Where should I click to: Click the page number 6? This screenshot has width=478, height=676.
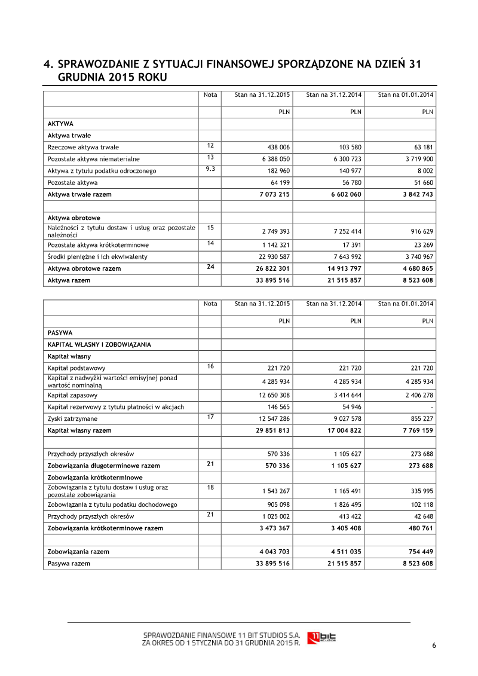tap(434, 645)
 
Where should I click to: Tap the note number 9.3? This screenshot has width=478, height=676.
tap(210, 169)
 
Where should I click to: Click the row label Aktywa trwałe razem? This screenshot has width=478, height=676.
tap(79, 194)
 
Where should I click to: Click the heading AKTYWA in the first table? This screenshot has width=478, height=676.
tap(60, 124)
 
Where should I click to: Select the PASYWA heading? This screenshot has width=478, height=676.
tap(60, 332)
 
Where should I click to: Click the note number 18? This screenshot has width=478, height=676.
tap(210, 488)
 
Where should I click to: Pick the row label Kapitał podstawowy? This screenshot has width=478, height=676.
tap(76, 368)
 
